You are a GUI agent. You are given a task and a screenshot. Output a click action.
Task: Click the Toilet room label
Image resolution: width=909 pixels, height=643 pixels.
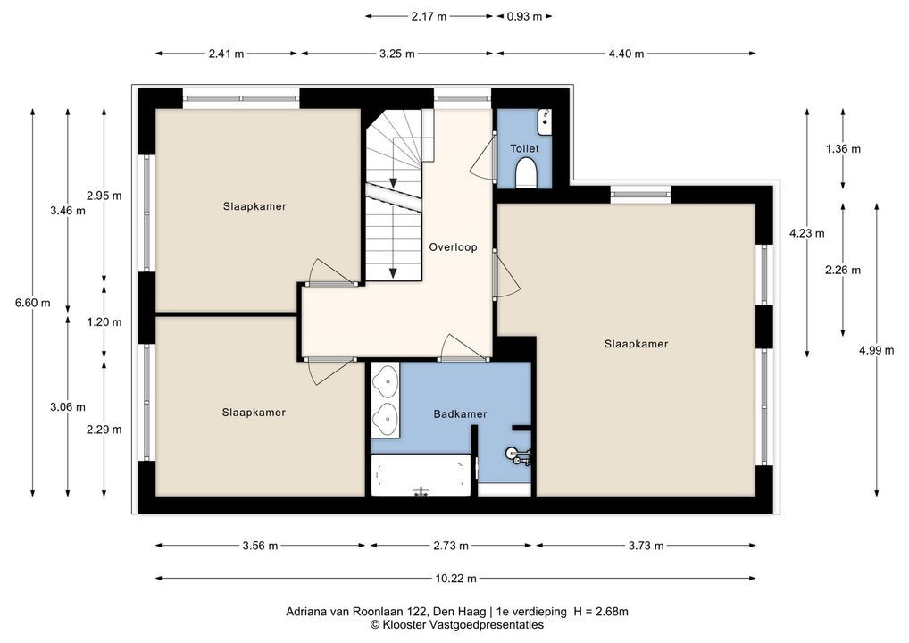(x=524, y=148)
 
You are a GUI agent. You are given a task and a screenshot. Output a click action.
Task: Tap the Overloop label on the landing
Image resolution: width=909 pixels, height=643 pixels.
(x=453, y=247)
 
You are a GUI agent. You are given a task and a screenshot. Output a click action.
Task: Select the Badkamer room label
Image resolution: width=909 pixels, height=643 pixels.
(x=460, y=414)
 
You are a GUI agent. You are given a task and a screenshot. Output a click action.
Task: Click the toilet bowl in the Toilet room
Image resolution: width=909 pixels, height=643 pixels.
(x=526, y=174)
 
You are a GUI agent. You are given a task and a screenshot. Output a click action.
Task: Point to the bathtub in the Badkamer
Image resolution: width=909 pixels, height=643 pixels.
(x=421, y=475)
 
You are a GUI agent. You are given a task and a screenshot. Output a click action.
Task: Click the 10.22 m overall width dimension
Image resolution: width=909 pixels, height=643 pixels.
(x=455, y=578)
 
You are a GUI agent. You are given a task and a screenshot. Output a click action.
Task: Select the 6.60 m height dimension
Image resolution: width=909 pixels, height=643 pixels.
(x=32, y=303)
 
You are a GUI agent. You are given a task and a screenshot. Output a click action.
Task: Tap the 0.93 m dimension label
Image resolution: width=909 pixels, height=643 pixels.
(x=524, y=16)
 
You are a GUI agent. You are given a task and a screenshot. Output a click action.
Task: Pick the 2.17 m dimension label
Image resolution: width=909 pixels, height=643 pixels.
(x=429, y=16)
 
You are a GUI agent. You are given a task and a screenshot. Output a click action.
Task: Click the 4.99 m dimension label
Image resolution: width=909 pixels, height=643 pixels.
(x=877, y=350)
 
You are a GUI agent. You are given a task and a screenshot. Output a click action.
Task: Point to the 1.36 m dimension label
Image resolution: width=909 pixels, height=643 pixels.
(x=843, y=149)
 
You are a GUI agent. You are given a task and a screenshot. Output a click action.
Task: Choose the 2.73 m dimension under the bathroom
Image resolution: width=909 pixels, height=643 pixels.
(x=451, y=546)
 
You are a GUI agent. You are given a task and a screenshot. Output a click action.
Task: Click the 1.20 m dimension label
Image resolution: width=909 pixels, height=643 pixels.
(x=104, y=321)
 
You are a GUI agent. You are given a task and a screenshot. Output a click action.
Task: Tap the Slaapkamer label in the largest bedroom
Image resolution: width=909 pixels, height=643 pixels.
(x=636, y=344)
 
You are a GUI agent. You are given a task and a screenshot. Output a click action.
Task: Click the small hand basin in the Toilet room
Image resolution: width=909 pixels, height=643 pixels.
(x=545, y=120)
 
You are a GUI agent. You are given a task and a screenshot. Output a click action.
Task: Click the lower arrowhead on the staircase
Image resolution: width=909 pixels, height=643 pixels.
(x=393, y=273)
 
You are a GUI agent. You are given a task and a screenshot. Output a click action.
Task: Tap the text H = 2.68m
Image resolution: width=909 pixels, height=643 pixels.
(x=601, y=611)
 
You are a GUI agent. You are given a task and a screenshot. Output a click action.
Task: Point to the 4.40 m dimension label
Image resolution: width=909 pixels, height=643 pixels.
(x=626, y=54)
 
